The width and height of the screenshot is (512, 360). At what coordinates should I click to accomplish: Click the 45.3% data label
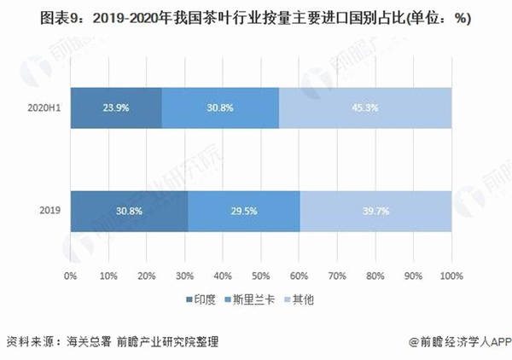click(365, 108)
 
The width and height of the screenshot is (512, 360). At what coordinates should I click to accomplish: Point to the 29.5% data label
click(243, 211)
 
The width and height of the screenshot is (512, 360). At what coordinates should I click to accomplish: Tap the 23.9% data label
click(116, 108)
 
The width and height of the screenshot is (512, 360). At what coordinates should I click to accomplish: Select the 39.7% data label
click(375, 211)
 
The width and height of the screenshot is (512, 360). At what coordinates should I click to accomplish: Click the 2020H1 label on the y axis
click(44, 108)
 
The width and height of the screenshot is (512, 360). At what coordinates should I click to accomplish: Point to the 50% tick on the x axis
click(260, 276)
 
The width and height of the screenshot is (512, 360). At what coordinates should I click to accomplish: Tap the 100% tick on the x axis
click(451, 276)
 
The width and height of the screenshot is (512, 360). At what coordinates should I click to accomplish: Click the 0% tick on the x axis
click(71, 276)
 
